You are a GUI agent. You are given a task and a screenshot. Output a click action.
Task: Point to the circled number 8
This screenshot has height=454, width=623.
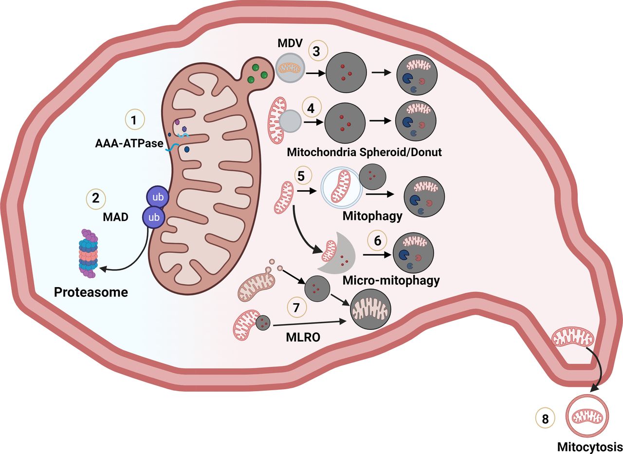tap(544, 419)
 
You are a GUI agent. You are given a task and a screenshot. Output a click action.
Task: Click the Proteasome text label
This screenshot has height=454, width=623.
tap(91, 292)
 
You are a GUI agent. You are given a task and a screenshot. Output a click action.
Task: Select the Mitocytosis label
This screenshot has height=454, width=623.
tap(589, 446)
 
